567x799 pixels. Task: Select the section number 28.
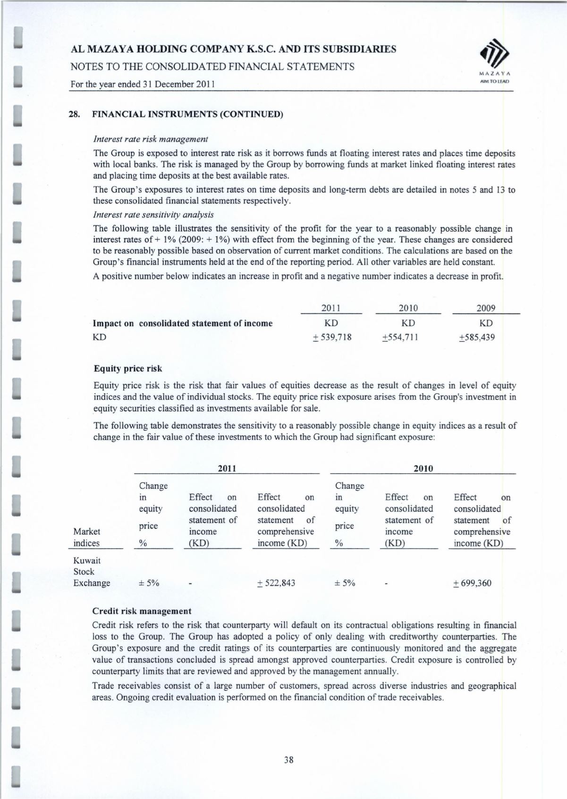tap(74, 114)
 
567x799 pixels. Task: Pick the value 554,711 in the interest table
tap(400, 337)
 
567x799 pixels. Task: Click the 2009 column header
tap(486, 308)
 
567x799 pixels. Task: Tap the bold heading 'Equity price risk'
tap(128, 368)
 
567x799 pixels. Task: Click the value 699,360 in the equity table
tap(472, 583)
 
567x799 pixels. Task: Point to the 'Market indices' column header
tap(87, 537)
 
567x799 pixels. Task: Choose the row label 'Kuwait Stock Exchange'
tap(92, 572)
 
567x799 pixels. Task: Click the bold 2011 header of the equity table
tap(227, 469)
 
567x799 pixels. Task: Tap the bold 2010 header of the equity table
tap(423, 469)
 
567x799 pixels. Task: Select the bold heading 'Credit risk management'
tap(142, 611)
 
